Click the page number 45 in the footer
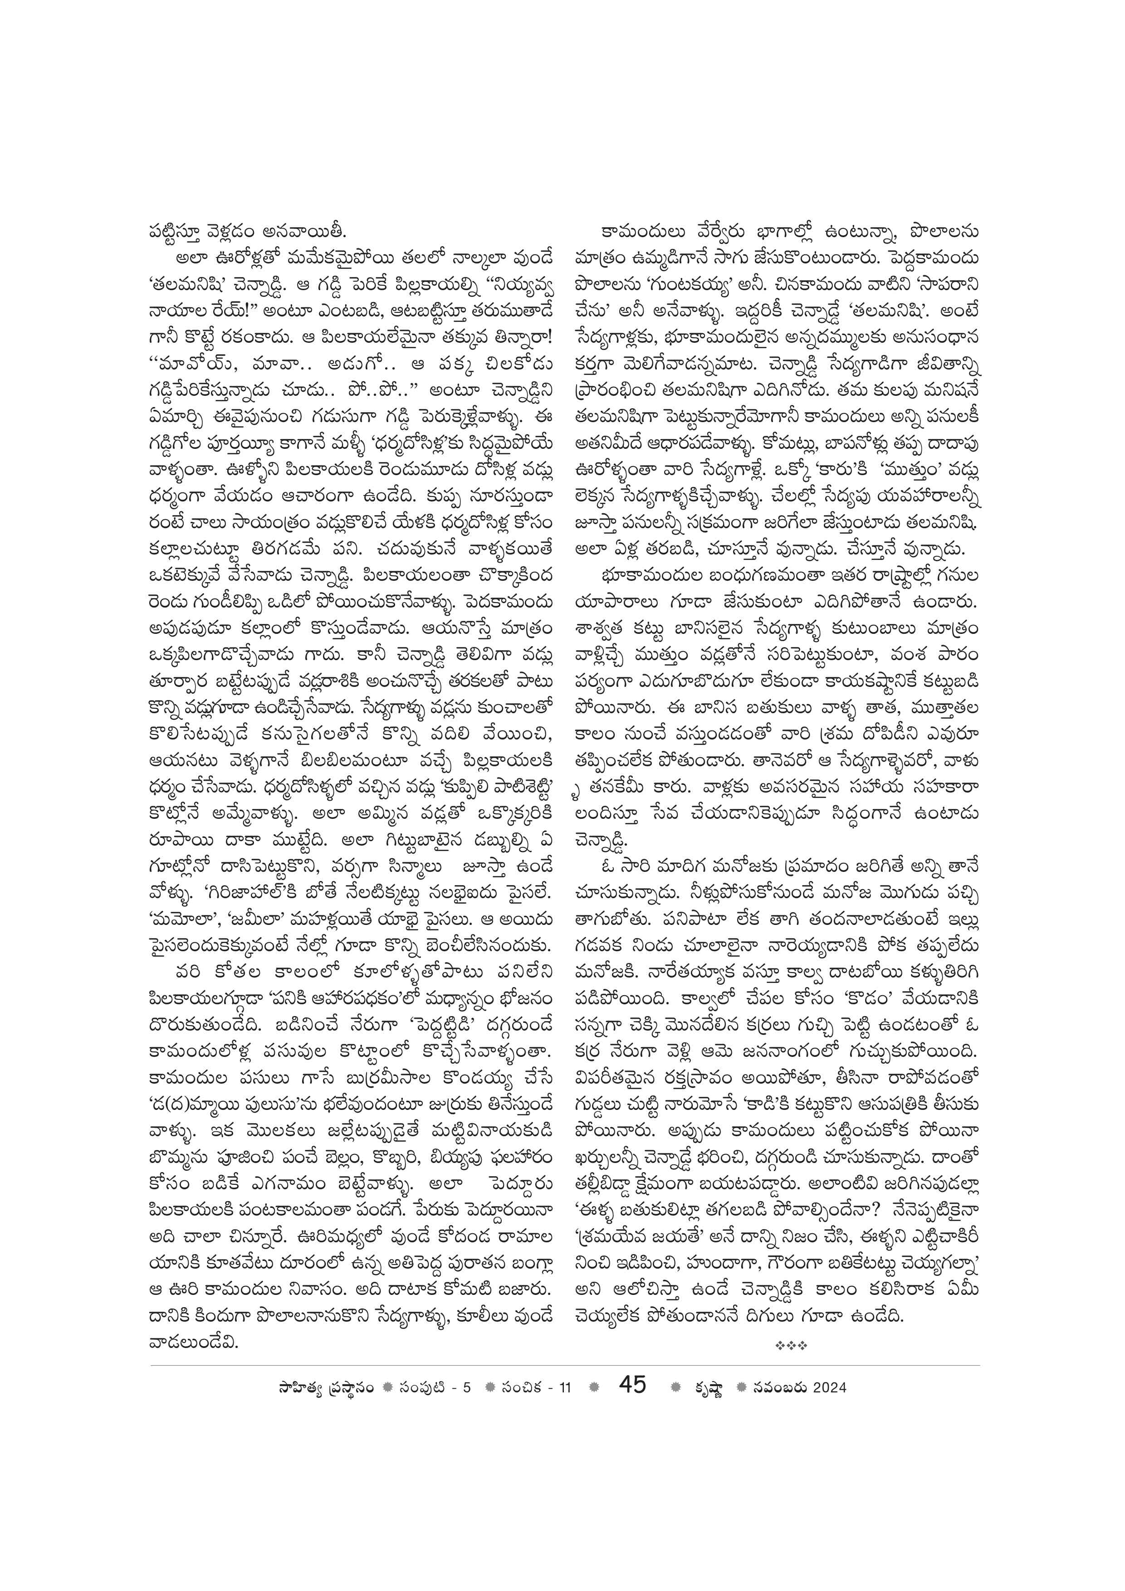tap(632, 1365)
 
